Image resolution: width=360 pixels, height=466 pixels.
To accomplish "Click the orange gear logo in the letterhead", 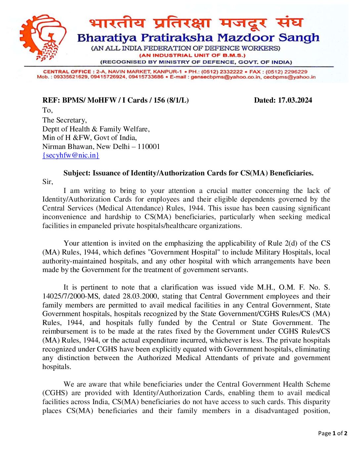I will [x=42, y=37].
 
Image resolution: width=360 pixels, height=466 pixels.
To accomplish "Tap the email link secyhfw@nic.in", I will [x=71, y=155].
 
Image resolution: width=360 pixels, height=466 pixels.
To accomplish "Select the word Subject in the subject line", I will [x=76, y=173].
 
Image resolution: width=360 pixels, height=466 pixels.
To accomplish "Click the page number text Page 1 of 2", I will [x=333, y=433].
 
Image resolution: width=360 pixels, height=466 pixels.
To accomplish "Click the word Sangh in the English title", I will [x=299, y=37].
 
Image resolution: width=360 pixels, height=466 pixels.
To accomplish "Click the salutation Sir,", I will [x=48, y=182].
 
